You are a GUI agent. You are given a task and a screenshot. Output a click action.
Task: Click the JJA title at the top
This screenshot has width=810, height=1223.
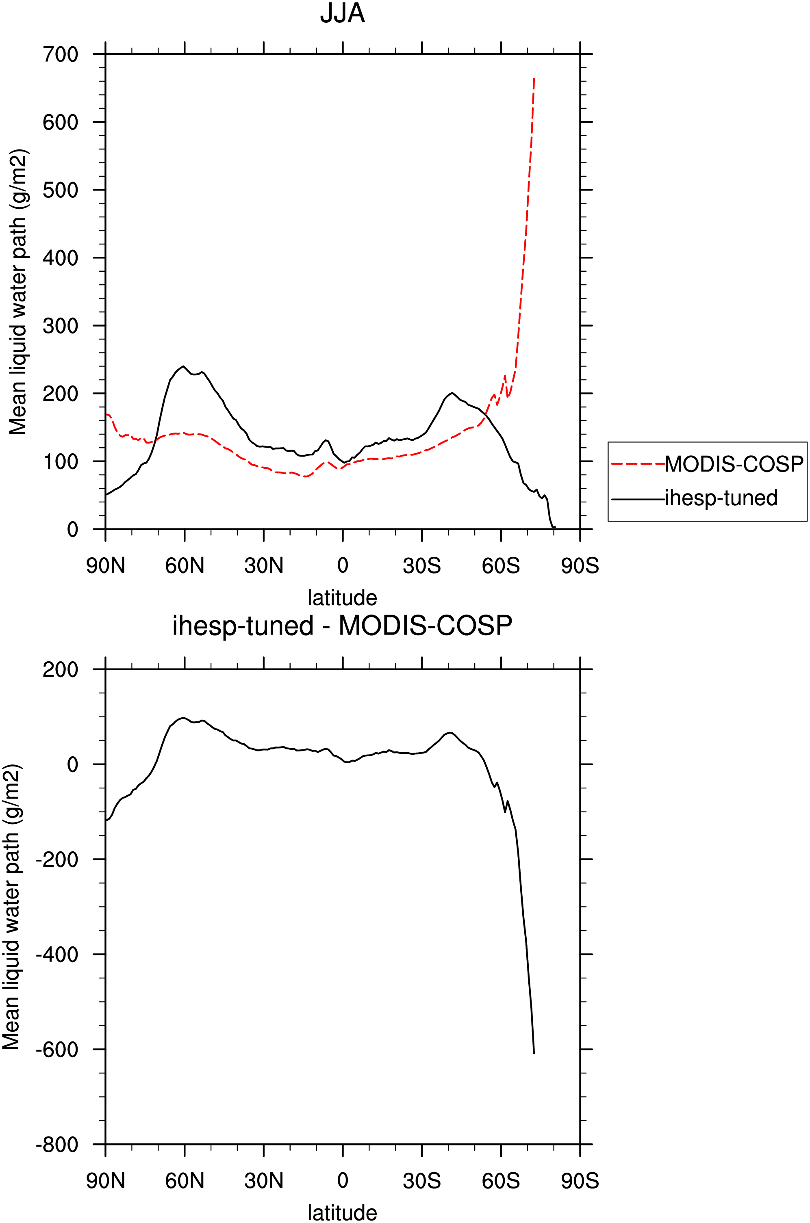coord(343,13)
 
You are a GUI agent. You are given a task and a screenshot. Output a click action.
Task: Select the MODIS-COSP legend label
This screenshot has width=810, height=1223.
coord(734,464)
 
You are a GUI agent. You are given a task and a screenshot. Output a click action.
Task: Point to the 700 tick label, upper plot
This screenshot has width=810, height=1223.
coord(61,54)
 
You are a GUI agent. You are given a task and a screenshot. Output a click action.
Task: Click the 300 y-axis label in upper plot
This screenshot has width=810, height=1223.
coord(61,326)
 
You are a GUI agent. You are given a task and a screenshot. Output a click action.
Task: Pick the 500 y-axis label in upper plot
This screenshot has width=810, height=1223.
coord(61,190)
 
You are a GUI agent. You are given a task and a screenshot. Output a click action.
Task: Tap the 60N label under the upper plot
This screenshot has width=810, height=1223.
coord(185,566)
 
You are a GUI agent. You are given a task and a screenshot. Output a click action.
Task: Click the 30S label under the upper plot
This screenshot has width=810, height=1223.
coord(421,566)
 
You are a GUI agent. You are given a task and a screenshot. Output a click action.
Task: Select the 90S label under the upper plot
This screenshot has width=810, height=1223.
coord(580,566)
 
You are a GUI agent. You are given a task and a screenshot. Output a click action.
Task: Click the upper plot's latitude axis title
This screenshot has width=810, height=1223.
coord(343,597)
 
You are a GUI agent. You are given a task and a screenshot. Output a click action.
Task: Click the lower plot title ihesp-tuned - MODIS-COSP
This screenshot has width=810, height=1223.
coord(343,626)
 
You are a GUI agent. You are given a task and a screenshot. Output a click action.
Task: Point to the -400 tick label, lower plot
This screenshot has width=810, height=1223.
coord(57,955)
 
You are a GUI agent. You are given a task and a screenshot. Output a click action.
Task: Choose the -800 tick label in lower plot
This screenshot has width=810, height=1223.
coord(57,1145)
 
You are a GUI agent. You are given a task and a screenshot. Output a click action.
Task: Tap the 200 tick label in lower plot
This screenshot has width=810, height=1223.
coord(61,669)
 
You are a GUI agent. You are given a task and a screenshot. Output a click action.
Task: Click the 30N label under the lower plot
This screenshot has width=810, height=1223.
coord(263,1181)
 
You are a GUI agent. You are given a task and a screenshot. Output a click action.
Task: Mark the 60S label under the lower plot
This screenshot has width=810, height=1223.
coord(501,1181)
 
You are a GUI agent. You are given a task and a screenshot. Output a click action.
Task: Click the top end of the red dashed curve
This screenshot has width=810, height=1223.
coord(534,78)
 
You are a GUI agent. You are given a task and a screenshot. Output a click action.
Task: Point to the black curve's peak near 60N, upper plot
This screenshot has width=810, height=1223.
coord(183,366)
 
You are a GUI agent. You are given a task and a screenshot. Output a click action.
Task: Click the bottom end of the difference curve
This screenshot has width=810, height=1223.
coord(534,1054)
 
